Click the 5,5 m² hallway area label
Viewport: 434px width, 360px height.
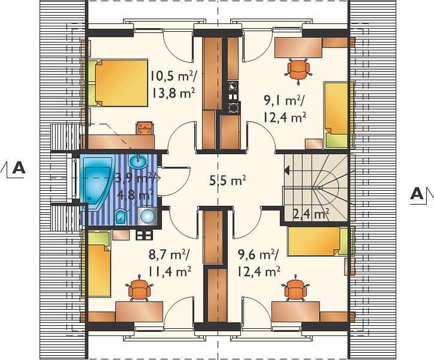228,181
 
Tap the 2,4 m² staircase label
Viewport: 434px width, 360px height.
311,214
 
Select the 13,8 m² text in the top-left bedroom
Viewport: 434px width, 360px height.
173,93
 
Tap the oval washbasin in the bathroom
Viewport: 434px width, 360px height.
138,161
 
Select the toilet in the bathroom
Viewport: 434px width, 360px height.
120,216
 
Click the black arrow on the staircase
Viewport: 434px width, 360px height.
287,170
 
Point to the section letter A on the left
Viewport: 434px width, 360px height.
19,168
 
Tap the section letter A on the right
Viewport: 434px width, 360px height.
417,193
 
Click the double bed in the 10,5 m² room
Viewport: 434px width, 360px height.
118,83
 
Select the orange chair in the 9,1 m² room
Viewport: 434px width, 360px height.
299,70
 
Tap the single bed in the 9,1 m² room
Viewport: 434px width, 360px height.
336,115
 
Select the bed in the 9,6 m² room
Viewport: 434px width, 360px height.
318,241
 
